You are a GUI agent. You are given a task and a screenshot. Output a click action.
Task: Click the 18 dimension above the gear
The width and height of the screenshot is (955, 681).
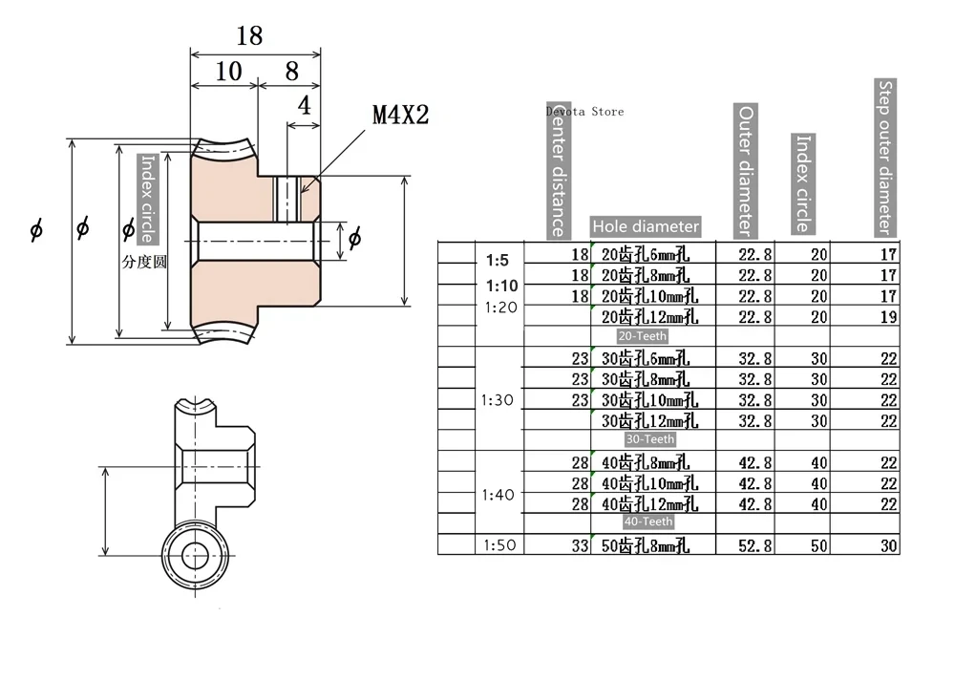tap(249, 36)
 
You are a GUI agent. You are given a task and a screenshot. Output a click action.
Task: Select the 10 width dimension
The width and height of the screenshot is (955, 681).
tap(228, 72)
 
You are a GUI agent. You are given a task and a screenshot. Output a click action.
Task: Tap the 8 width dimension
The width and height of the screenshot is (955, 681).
tap(291, 72)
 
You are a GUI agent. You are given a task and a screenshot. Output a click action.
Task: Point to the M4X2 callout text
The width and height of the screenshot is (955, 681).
tap(401, 115)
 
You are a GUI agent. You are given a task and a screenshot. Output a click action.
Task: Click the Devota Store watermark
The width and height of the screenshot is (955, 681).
tap(584, 112)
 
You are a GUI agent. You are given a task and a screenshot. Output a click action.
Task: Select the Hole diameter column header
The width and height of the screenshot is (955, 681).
tap(646, 226)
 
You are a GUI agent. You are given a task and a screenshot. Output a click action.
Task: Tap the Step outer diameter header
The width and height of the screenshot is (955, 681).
tap(885, 158)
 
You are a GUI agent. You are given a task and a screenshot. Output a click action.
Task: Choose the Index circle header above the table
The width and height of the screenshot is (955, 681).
tap(803, 183)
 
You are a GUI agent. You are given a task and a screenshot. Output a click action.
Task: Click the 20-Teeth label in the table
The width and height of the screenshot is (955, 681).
tap(643, 335)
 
